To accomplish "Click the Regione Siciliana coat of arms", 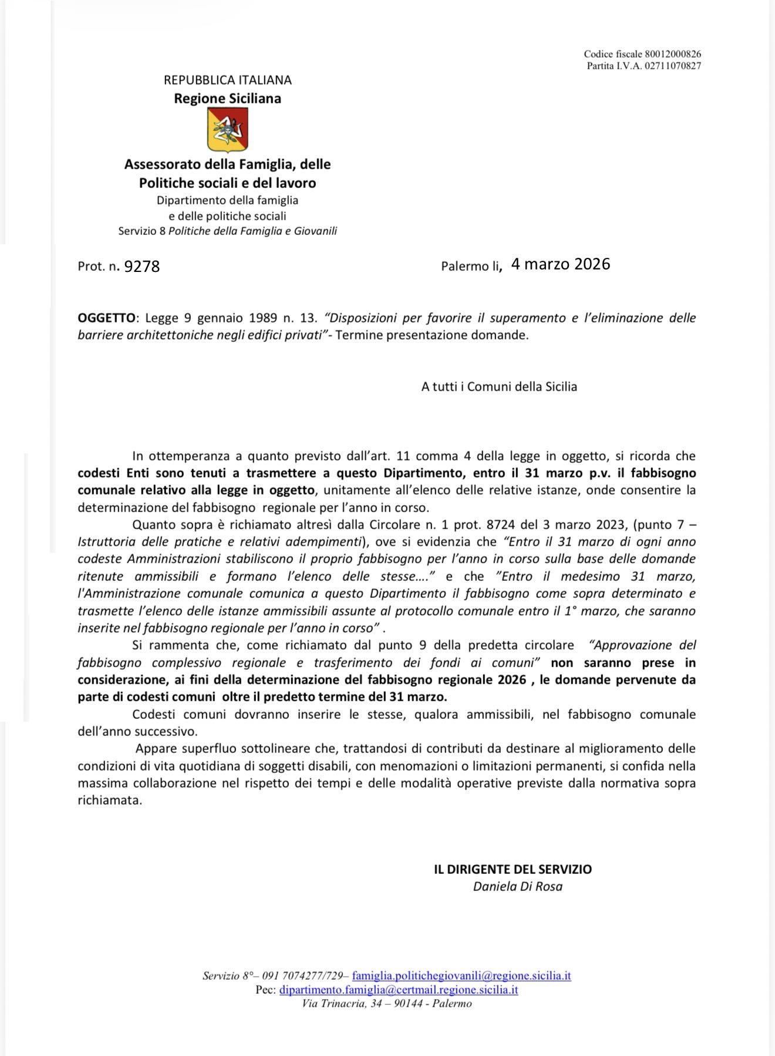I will click(x=228, y=130).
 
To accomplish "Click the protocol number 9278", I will click(x=142, y=267).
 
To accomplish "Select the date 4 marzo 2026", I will click(x=561, y=264).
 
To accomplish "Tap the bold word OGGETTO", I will click(x=106, y=318).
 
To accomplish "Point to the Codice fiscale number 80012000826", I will click(x=669, y=54).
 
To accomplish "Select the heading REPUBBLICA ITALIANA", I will click(x=228, y=80).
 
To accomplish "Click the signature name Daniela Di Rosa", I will click(x=518, y=886).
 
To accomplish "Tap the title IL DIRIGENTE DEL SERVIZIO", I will click(x=513, y=869).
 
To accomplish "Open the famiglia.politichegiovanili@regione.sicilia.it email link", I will click(x=461, y=976).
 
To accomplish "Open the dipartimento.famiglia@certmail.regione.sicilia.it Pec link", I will click(x=399, y=990).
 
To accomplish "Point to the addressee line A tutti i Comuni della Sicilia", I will click(x=499, y=386).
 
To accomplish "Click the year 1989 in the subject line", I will click(x=264, y=318).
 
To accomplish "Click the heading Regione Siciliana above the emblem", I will click(x=228, y=98).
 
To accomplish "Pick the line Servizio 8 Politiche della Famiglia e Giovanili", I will click(x=228, y=231).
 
